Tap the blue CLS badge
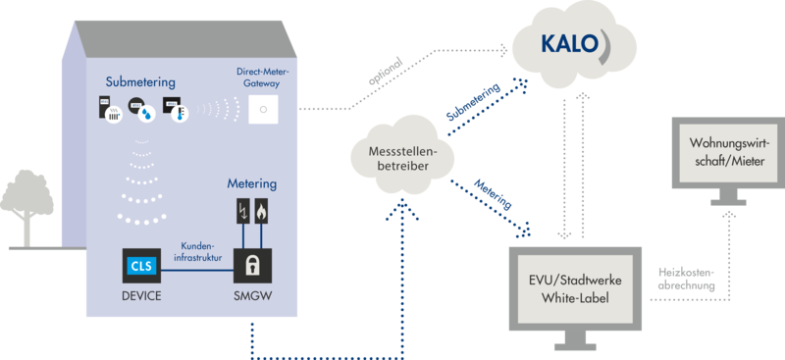click(x=142, y=266)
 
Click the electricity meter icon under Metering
click(x=243, y=212)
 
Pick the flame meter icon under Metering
click(x=262, y=212)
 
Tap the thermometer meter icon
click(x=174, y=110)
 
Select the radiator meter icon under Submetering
click(x=110, y=110)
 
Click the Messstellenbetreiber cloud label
click(x=402, y=158)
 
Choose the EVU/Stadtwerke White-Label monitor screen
click(x=575, y=289)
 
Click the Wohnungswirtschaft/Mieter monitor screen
click(x=728, y=153)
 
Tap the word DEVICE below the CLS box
click(x=141, y=296)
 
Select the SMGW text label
click(x=252, y=296)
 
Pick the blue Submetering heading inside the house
click(x=140, y=81)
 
